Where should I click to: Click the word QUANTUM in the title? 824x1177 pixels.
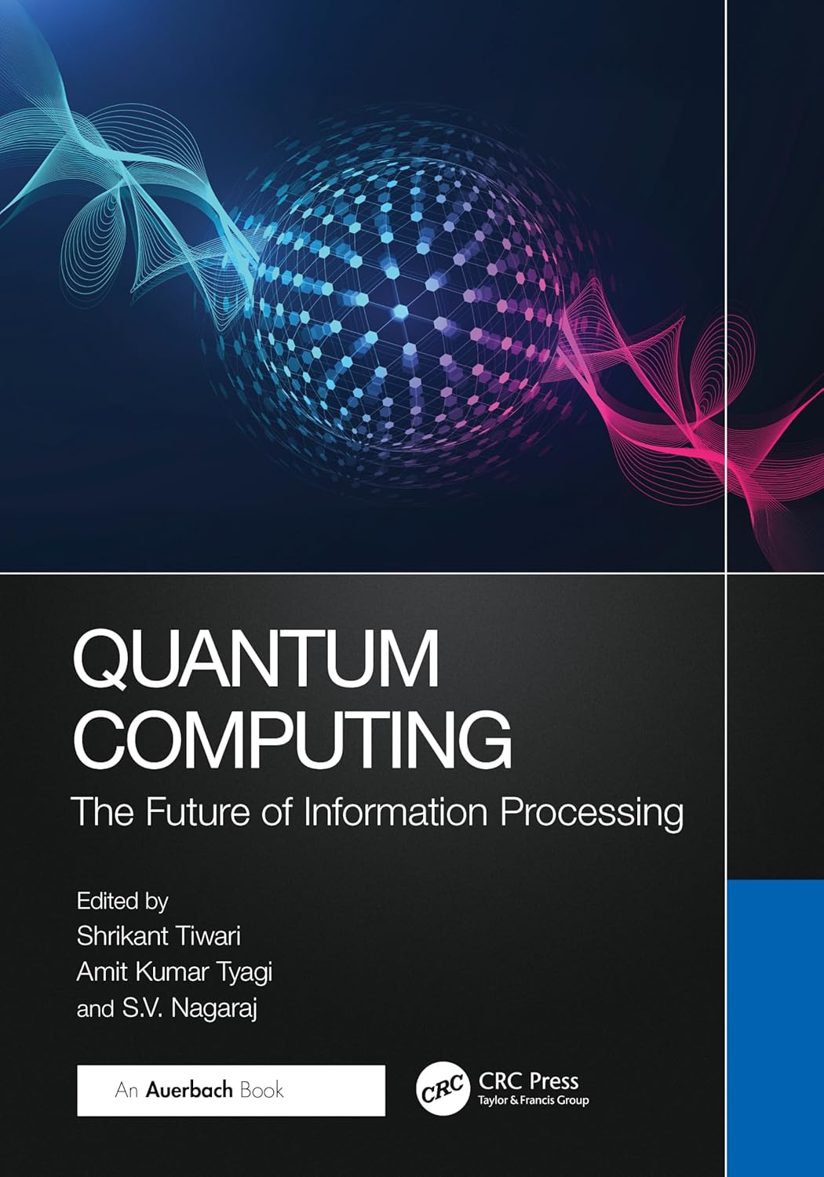coord(256,661)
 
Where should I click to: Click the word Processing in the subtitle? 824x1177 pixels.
coord(592,813)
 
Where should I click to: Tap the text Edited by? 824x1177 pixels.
coord(122,901)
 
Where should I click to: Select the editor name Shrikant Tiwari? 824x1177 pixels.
coord(159,935)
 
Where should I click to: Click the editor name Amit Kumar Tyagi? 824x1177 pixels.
coord(174,971)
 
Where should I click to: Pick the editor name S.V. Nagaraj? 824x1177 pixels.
coord(189,1008)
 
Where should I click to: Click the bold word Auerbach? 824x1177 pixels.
coord(189,1090)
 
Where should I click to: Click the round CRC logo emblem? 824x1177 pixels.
coord(441,1091)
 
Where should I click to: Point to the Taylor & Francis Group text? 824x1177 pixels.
coord(534,1101)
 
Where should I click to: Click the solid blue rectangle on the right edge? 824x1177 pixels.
coord(775,1020)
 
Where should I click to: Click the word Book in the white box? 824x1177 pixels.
coord(262,1090)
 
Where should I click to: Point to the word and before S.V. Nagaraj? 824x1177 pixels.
coord(95,1009)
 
